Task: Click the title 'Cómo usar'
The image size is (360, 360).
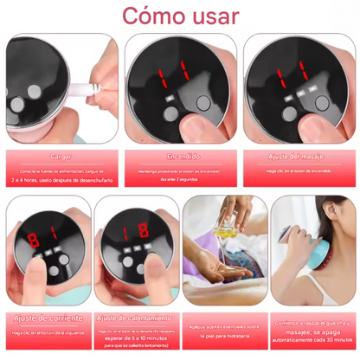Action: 180,16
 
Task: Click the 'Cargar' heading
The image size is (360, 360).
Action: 60,157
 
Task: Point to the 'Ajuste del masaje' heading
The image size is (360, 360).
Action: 298,157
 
